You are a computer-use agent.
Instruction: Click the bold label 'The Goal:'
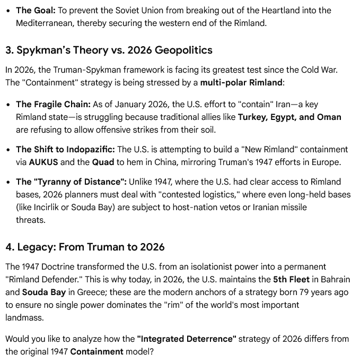(x=36, y=10)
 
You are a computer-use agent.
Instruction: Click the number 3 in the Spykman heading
(x=9, y=50)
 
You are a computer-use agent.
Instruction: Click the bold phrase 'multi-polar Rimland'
(x=241, y=82)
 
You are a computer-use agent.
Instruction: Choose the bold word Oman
(x=329, y=117)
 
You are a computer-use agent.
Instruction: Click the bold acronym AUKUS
(x=43, y=162)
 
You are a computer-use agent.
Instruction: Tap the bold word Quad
(x=103, y=162)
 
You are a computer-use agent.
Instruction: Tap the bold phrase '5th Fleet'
(x=291, y=279)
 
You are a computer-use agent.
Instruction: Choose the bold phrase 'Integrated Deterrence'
(x=187, y=339)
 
